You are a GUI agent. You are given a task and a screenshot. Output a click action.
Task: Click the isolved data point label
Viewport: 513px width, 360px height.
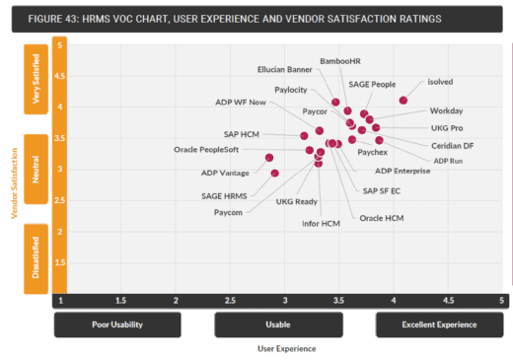pyautogui.click(x=440, y=82)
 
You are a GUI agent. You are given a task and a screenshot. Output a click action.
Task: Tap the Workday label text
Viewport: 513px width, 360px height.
pyautogui.click(x=446, y=110)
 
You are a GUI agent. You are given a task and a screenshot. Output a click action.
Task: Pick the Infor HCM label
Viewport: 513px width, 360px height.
pyautogui.click(x=320, y=224)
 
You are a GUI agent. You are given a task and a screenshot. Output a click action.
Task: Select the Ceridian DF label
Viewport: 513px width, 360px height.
pyautogui.click(x=452, y=145)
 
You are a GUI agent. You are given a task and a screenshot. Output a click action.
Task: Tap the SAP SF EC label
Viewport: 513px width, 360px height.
pyautogui.click(x=381, y=190)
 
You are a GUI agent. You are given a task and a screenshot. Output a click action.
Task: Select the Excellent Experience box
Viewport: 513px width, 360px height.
pyautogui.click(x=439, y=324)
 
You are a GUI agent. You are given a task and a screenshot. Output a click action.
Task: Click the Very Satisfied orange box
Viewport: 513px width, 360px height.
pyautogui.click(x=37, y=84)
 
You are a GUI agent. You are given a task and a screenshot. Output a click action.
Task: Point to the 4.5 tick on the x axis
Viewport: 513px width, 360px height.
pyautogui.click(x=450, y=300)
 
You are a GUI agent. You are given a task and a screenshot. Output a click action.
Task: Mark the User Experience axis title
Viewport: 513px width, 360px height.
pyautogui.click(x=285, y=347)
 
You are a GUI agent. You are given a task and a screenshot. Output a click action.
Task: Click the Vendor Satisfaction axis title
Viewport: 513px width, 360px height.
pyautogui.click(x=14, y=182)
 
